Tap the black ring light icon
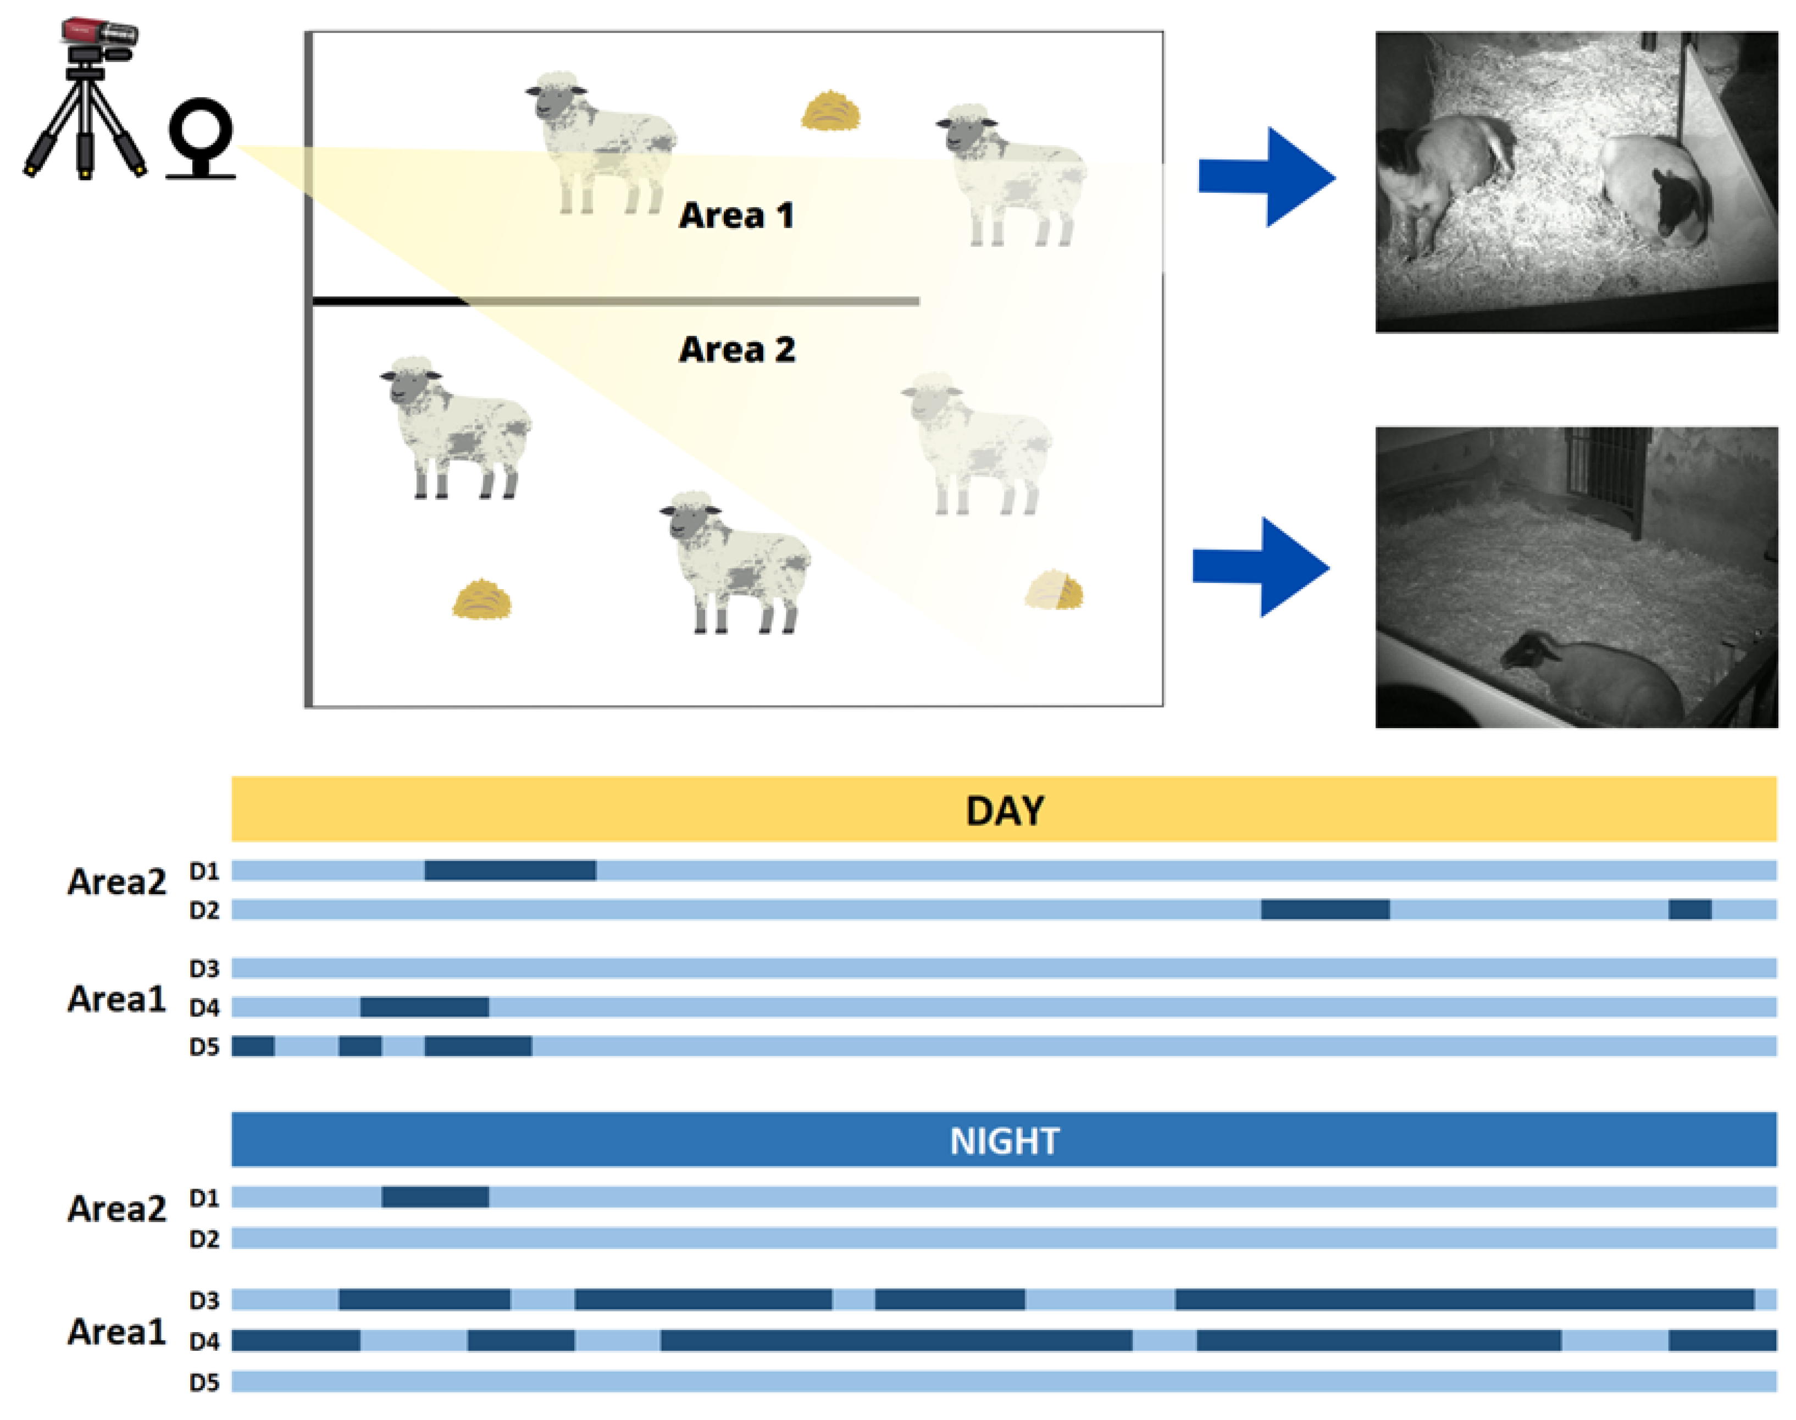pos(201,137)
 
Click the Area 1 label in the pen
pos(736,215)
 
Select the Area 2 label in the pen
pos(736,349)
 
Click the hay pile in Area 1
pos(830,112)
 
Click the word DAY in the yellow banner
pos(1005,811)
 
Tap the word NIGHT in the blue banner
pos(1005,1141)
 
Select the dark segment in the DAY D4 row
pos(424,1007)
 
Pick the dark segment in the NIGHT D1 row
pos(435,1196)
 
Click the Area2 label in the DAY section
pos(117,882)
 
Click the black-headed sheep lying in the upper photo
pos(1655,191)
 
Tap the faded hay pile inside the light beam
pos(1054,590)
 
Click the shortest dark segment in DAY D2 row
pos(1689,909)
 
